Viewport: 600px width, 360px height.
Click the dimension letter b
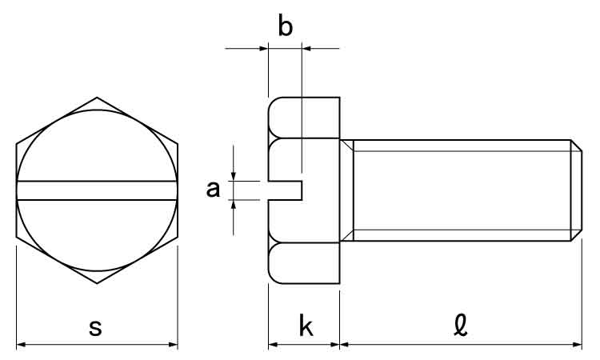pyautogui.click(x=286, y=26)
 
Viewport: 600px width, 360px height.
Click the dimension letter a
pyautogui.click(x=213, y=190)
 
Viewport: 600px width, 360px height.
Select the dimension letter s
pyautogui.click(x=95, y=328)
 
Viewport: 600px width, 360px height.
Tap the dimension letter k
pyautogui.click(x=306, y=326)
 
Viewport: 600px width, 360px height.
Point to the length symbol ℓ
pyautogui.click(x=461, y=326)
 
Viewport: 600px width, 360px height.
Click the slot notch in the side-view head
pyautogui.click(x=286, y=190)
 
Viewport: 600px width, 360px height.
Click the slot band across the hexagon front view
pyautogui.click(x=97, y=190)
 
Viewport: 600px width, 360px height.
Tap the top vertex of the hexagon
pyautogui.click(x=97, y=97)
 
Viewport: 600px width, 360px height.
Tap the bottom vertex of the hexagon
pyautogui.click(x=97, y=283)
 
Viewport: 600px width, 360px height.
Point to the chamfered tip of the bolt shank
pyautogui.click(x=576, y=190)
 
